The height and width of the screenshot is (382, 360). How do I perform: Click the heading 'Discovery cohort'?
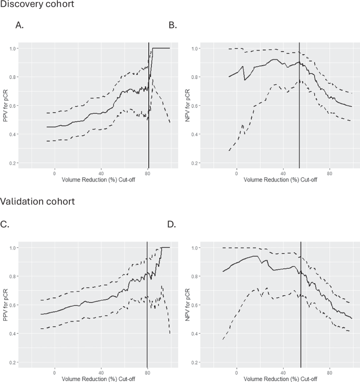coord(37,5)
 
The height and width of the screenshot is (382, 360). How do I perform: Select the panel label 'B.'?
coord(171,24)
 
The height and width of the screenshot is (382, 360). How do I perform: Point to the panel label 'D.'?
coord(171,224)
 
